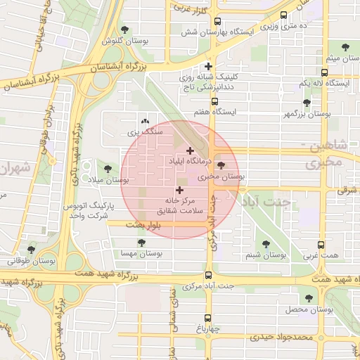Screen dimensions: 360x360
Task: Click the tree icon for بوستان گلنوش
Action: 125,30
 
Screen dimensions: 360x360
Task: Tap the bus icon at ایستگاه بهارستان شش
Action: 217,21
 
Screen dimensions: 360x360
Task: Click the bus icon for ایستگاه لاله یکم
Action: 324,72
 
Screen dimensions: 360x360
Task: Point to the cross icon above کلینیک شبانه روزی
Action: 209,66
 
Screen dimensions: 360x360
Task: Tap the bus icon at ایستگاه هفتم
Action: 214,101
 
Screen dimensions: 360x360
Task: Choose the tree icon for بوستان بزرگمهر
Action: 306,103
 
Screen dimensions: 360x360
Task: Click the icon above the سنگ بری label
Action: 146,121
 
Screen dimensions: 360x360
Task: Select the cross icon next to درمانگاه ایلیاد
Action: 190,150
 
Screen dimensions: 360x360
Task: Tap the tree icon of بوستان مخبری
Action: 221,166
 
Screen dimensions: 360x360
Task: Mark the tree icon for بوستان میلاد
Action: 108,169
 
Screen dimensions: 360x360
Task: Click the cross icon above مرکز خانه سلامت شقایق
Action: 179,190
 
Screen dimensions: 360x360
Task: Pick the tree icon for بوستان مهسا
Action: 141,243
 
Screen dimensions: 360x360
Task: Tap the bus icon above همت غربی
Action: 321,245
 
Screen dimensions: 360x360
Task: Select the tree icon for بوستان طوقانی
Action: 30,249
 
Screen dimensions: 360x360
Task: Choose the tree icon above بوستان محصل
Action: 309,299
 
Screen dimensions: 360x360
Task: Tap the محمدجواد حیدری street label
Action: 280,338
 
